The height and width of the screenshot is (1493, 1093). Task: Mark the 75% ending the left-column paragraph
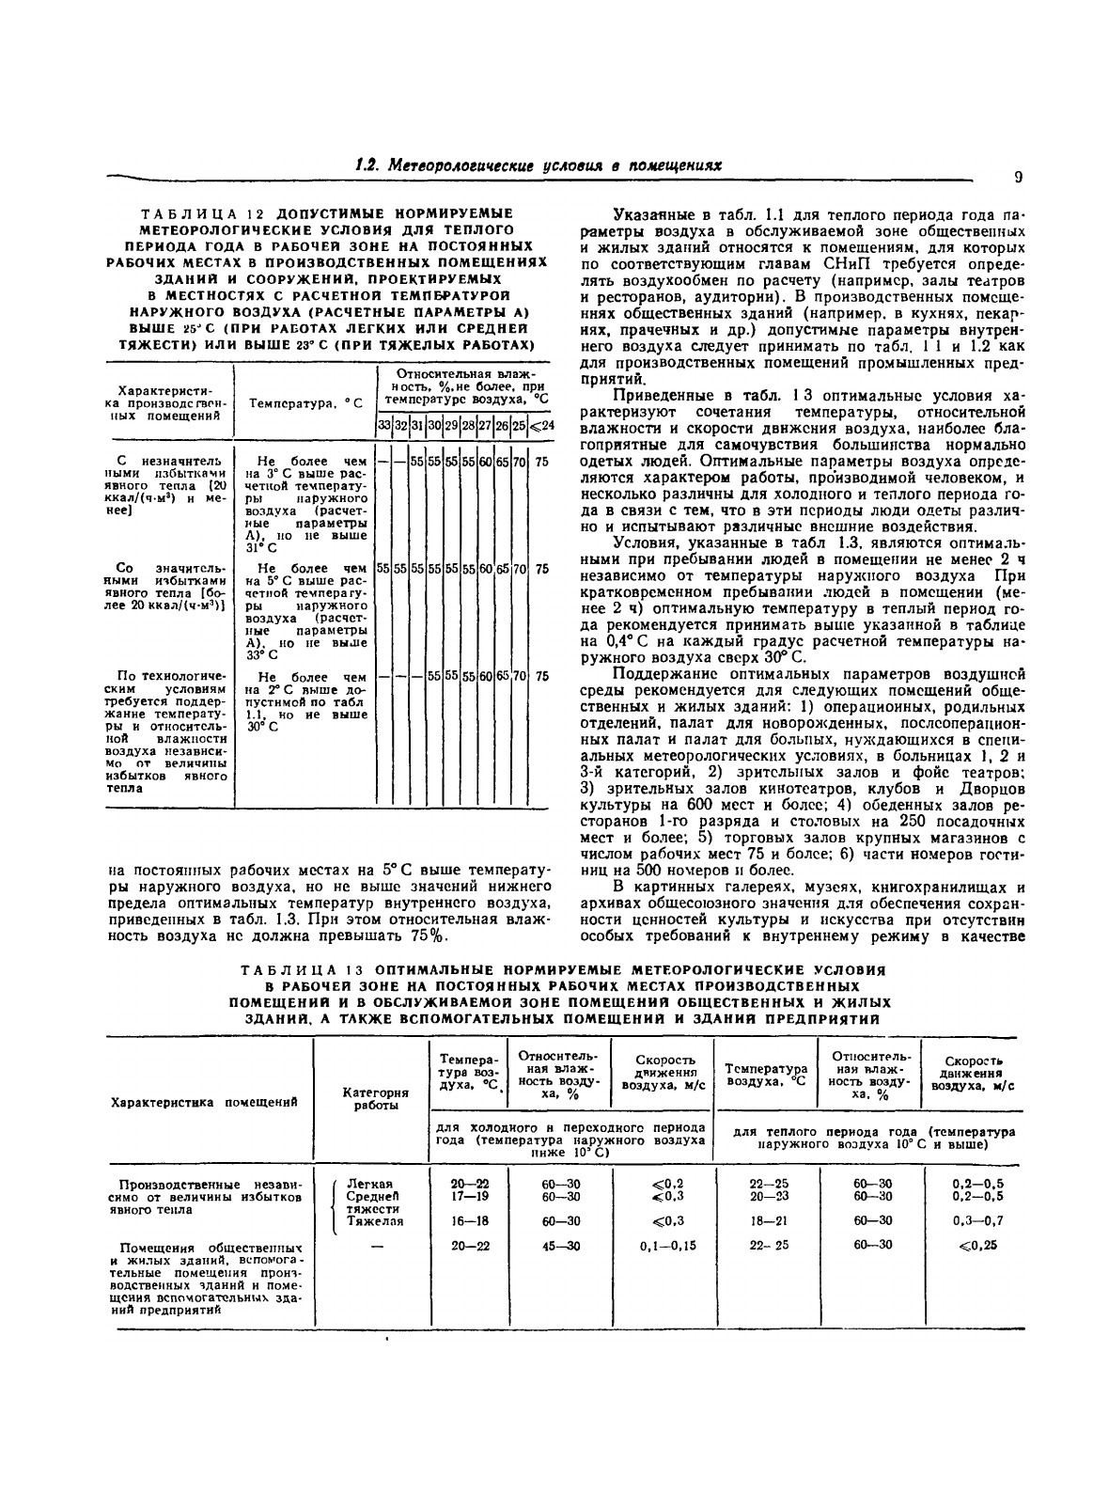point(429,935)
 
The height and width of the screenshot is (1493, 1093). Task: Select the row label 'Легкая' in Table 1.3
point(369,1183)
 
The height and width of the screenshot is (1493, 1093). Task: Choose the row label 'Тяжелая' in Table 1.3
point(376,1221)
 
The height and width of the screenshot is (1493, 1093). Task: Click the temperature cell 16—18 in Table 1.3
point(469,1221)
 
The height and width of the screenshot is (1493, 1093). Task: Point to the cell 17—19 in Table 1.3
point(469,1197)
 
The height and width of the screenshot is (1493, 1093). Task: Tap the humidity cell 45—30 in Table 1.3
point(560,1245)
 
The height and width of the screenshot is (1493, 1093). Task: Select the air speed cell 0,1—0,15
point(661,1245)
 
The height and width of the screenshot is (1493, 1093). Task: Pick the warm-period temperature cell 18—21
point(768,1221)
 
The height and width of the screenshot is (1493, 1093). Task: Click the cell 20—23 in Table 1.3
point(768,1197)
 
